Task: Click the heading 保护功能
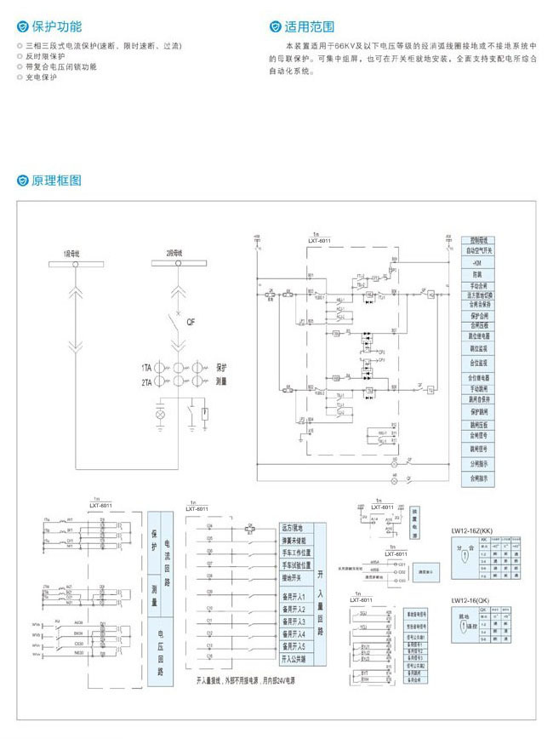(58, 27)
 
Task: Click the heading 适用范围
(311, 27)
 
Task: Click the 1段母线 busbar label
(71, 254)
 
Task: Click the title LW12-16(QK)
(478, 600)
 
